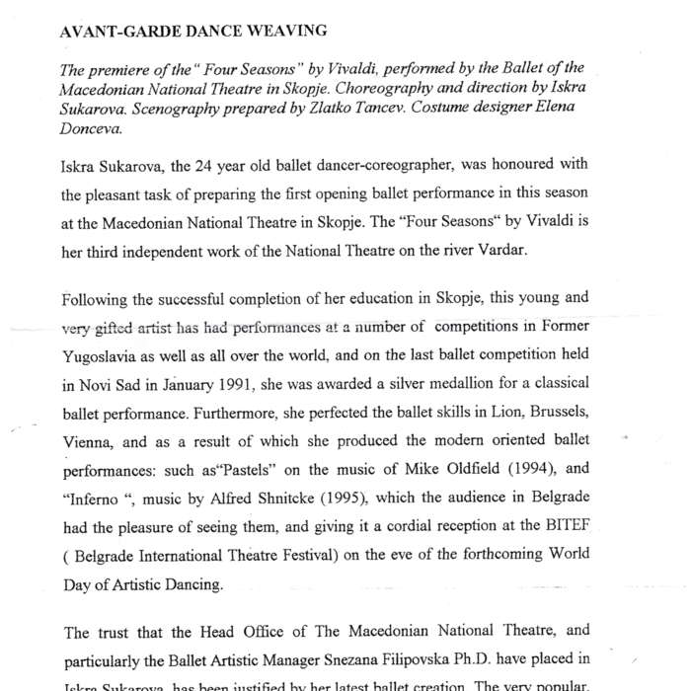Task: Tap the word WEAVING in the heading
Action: click(x=276, y=31)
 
